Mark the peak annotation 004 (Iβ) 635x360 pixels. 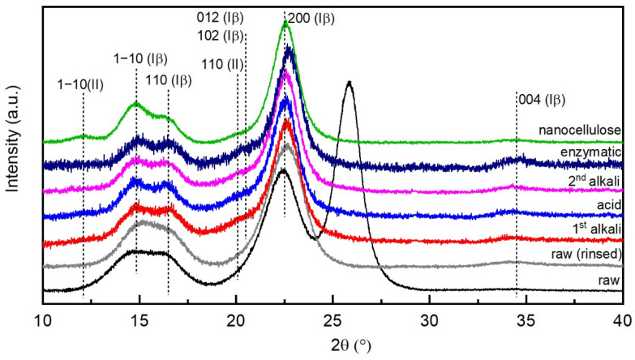tap(541, 100)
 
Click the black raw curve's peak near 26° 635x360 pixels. tap(349, 82)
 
